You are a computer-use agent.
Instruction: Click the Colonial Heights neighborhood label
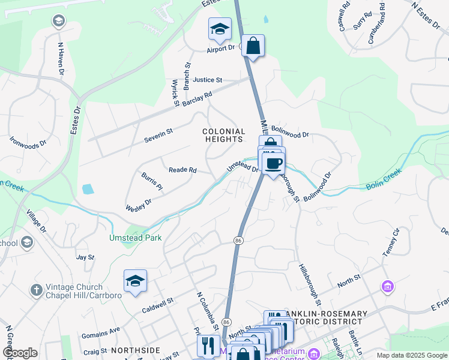coord(224,135)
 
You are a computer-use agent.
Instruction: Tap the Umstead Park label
coord(135,238)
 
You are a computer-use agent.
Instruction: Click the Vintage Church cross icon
coord(36,289)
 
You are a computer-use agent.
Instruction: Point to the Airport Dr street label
coord(220,49)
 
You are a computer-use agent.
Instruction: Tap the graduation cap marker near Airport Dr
coord(220,29)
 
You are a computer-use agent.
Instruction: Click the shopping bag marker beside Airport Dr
coord(253,46)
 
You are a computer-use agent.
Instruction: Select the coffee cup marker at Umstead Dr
coord(274,162)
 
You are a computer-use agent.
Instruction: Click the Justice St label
coord(208,80)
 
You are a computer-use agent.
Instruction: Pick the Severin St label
coord(158,135)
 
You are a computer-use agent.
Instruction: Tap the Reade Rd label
coord(182,170)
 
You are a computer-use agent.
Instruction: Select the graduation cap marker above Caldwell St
coord(135,281)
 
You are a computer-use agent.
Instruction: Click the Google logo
coord(19,353)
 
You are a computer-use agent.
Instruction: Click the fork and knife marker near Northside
coord(208,346)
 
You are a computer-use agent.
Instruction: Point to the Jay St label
coord(86,257)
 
